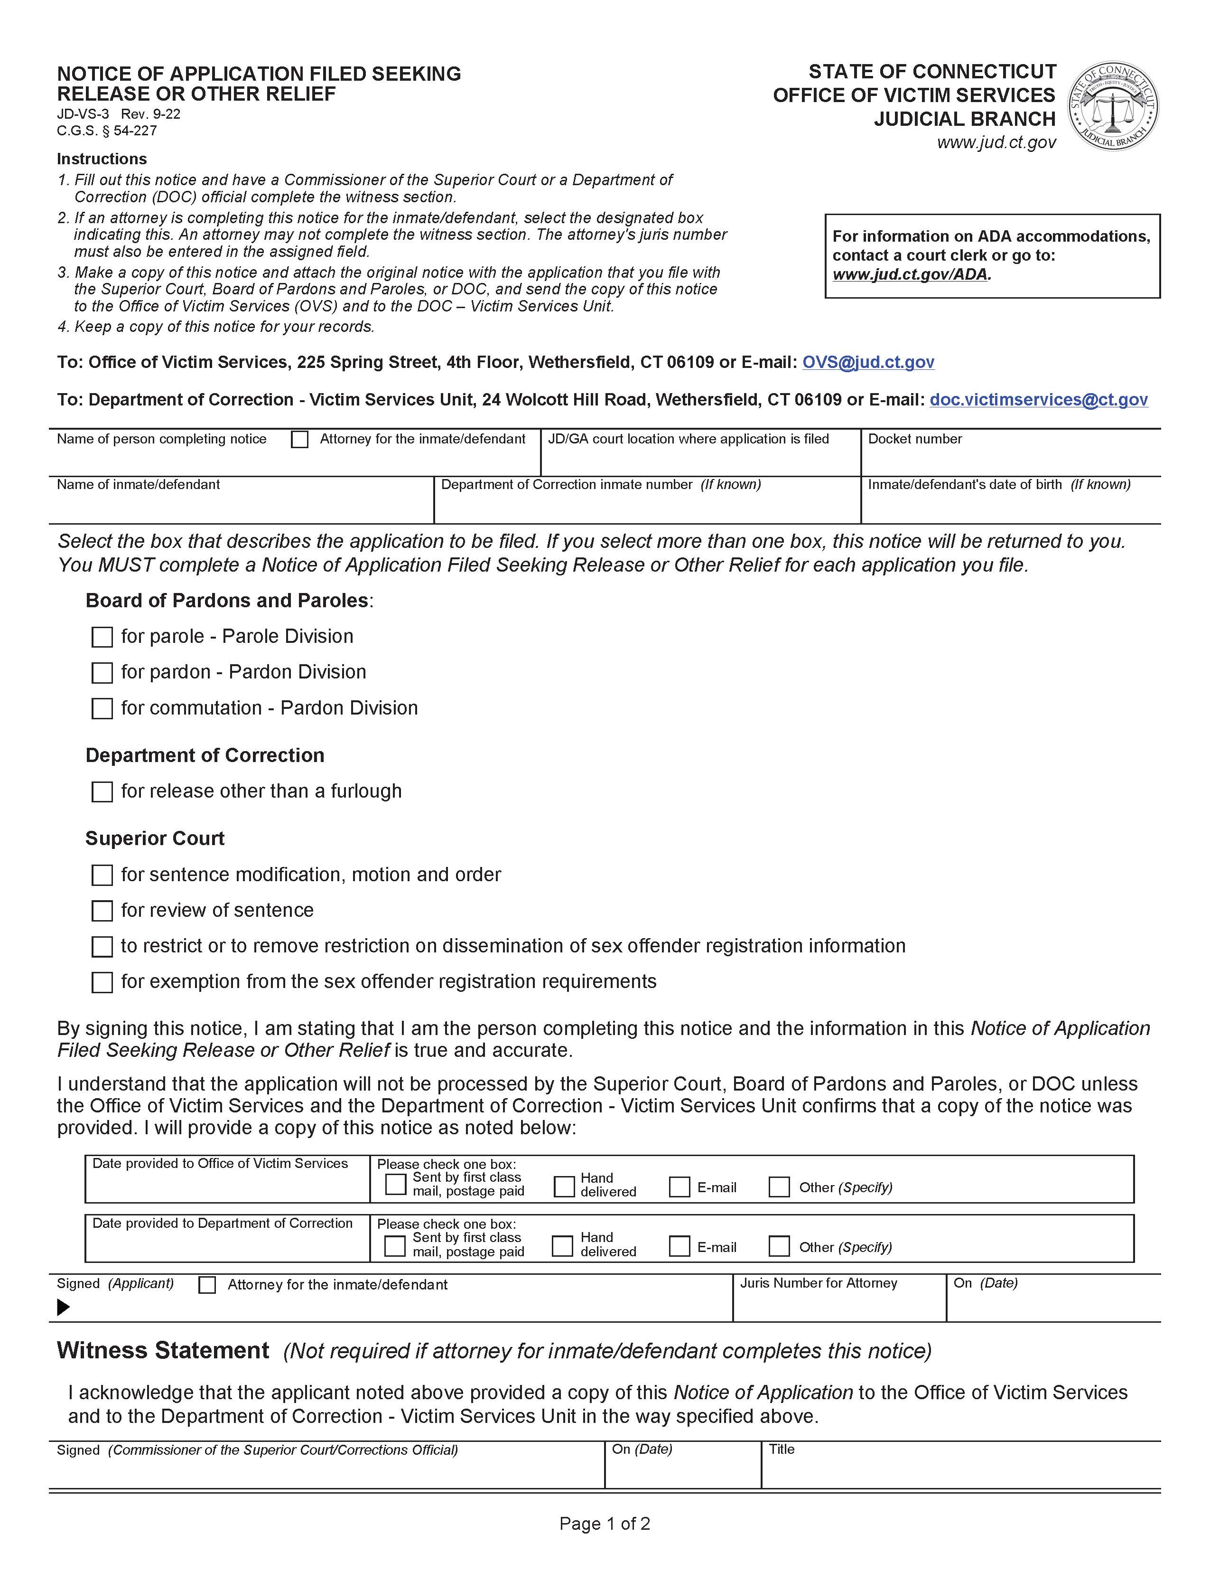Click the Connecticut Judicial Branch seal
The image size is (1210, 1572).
coord(1112,106)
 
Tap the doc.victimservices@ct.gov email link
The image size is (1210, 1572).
coord(1038,399)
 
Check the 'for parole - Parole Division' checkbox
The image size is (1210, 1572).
coord(102,637)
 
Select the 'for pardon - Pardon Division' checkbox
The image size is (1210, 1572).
coord(102,673)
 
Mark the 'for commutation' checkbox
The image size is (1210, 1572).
coord(102,708)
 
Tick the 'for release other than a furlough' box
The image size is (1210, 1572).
coord(102,792)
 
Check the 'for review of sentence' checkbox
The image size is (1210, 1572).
coord(102,911)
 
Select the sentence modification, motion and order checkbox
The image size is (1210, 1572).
coord(102,875)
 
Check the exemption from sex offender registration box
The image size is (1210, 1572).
coord(102,982)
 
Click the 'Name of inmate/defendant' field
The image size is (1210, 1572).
coord(241,507)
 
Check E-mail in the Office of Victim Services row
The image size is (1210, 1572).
coord(679,1187)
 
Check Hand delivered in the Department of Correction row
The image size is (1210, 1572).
coord(562,1246)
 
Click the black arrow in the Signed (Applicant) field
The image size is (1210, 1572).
coord(63,1307)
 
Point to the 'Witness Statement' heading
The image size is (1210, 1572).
coord(163,1350)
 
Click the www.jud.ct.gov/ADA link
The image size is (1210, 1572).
coord(911,274)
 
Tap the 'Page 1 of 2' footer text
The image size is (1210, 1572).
coord(604,1524)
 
